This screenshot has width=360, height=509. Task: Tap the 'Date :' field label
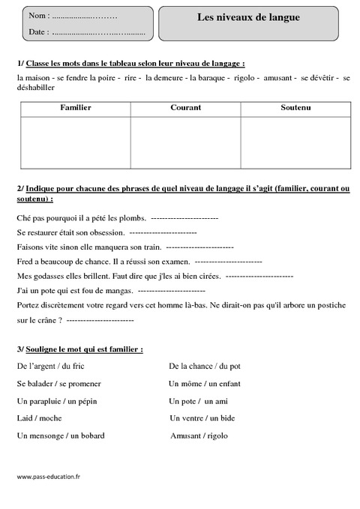(40, 32)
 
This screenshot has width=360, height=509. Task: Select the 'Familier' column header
(75, 108)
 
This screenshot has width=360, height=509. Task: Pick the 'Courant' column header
(185, 108)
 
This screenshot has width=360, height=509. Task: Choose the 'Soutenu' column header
(295, 108)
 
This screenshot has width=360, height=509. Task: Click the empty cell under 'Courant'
(185, 142)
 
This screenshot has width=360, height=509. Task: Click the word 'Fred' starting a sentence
(23, 262)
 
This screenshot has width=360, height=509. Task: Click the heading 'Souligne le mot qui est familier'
(83, 349)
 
